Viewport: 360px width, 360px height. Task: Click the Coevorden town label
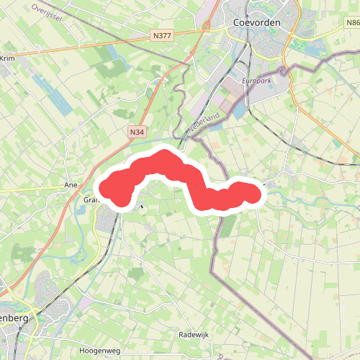256,22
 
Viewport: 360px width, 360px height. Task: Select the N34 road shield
137,132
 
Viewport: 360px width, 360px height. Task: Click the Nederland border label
203,122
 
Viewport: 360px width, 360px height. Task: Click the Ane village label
71,185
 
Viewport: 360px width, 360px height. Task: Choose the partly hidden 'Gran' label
91,200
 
